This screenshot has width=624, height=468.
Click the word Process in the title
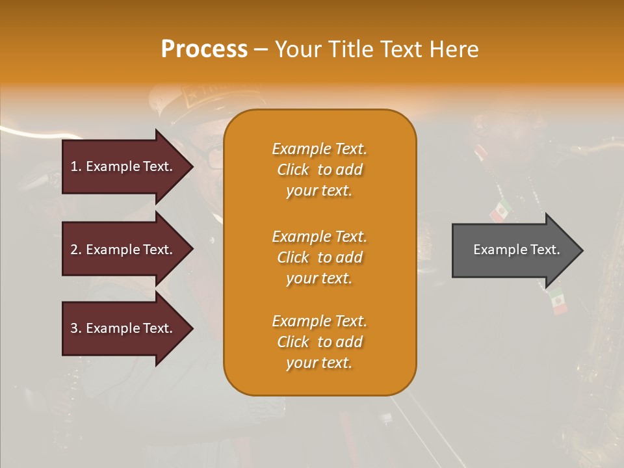coord(204,49)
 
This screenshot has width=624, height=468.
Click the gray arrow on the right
coord(513,250)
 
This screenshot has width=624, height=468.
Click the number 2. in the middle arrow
coord(76,250)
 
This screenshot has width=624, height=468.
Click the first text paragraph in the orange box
coord(319,170)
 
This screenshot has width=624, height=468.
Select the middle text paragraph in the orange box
coord(319,257)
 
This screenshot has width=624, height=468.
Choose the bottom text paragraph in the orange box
coord(319,342)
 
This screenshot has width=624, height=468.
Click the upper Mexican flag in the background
coord(500,211)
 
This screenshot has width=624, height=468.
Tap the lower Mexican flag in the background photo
coord(557,301)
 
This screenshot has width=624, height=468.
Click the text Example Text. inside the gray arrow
coord(516,250)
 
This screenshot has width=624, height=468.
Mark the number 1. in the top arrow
coord(76,166)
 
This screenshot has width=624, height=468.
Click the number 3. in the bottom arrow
coord(76,328)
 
